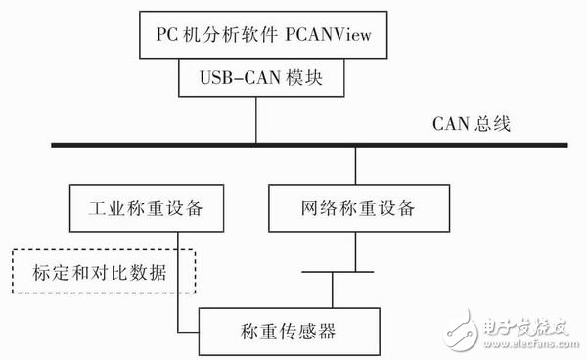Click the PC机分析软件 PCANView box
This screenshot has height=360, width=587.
coord(257,37)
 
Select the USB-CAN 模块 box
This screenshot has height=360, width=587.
coord(257,77)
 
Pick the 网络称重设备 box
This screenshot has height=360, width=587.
coord(355,208)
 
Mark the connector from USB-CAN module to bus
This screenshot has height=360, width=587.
coord(256,120)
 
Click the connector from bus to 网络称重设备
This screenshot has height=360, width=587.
coord(355,166)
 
